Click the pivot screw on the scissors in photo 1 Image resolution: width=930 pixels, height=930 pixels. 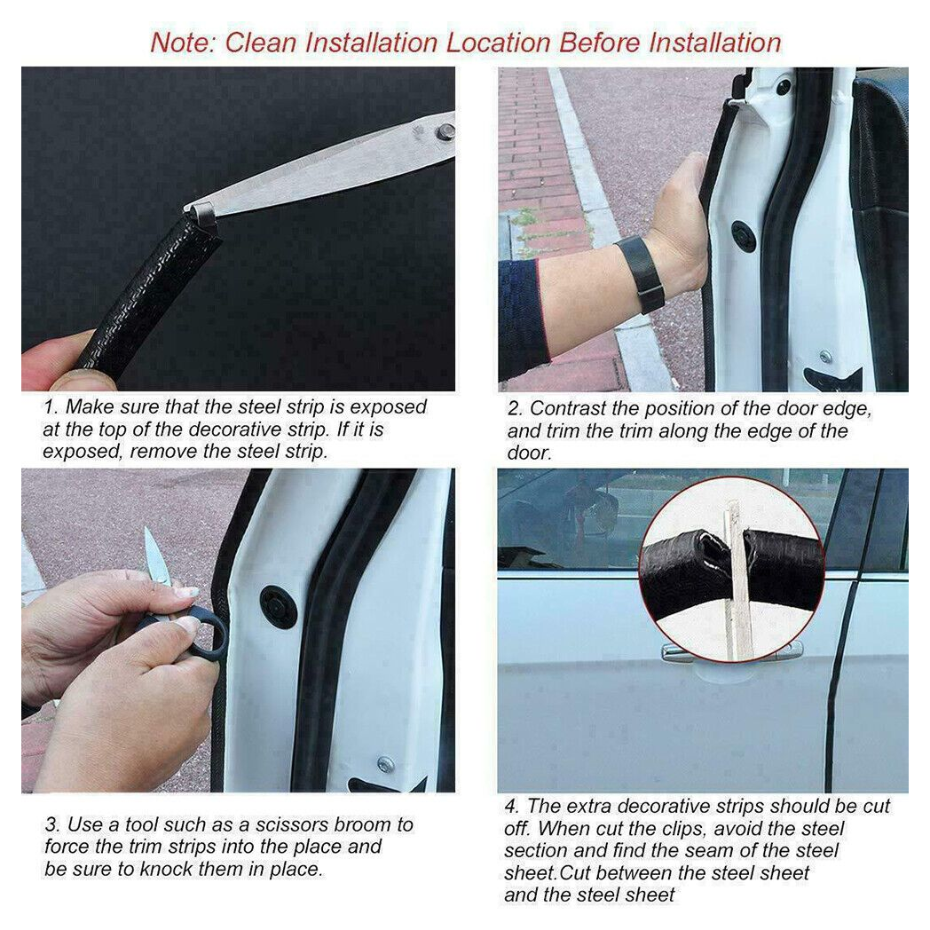(445, 131)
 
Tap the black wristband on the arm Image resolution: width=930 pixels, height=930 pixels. (641, 273)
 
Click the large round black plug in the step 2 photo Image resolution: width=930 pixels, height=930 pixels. (744, 236)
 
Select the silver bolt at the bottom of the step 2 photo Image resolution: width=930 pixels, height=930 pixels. (825, 357)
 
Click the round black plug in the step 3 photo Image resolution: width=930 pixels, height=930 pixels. (279, 606)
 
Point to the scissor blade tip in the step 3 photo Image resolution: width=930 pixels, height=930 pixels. (148, 535)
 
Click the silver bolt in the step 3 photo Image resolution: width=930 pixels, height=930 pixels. (384, 763)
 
